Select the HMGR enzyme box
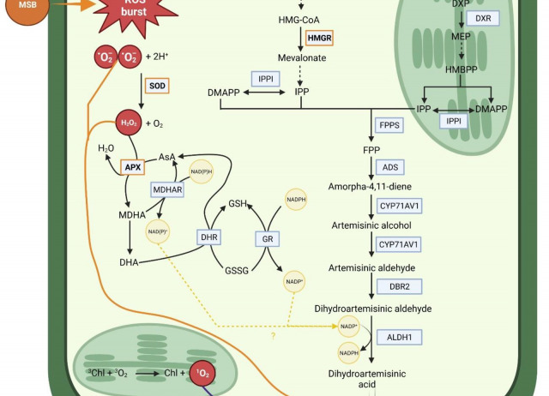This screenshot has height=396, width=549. [x=318, y=38]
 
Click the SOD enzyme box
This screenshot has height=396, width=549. [x=158, y=87]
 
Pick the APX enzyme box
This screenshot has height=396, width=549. [x=131, y=167]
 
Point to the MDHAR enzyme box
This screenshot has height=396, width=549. [x=167, y=189]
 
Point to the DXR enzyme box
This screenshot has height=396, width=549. [x=484, y=19]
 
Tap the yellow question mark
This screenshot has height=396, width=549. [x=274, y=335]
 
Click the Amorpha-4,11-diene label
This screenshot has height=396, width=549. [x=370, y=186]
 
